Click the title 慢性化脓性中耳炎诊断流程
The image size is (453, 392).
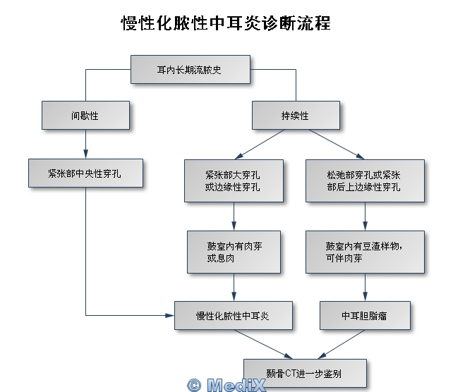(226, 23)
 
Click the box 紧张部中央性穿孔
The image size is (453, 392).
(85, 173)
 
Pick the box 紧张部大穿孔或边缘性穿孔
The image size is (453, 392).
(234, 180)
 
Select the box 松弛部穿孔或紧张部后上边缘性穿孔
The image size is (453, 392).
(365, 180)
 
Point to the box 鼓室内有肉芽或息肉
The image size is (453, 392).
(234, 252)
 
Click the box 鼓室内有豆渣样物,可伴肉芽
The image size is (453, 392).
(365, 252)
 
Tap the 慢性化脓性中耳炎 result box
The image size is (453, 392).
(234, 315)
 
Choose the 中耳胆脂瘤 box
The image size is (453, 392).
(365, 315)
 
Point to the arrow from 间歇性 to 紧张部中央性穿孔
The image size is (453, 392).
(85, 145)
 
